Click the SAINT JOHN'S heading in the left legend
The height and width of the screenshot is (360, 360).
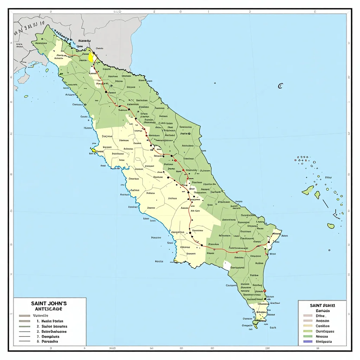pyautogui.click(x=49, y=303)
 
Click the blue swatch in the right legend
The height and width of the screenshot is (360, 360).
pyautogui.click(x=308, y=341)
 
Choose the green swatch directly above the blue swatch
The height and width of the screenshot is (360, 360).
pyautogui.click(x=308, y=336)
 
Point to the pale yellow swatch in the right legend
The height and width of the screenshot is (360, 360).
pyautogui.click(x=308, y=326)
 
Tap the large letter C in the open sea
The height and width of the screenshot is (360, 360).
pyautogui.click(x=280, y=86)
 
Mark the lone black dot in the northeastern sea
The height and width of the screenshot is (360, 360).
pyautogui.click(x=214, y=83)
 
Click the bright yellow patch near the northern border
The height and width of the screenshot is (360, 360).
pyautogui.click(x=91, y=57)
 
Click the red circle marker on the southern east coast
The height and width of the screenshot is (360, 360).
pyautogui.click(x=265, y=291)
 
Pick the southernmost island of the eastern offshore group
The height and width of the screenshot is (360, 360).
pyautogui.click(x=331, y=226)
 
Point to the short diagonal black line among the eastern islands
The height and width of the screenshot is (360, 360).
pyautogui.click(x=326, y=203)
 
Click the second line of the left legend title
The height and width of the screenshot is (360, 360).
pyautogui.click(x=49, y=309)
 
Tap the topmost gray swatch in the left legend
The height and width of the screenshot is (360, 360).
pyautogui.click(x=24, y=316)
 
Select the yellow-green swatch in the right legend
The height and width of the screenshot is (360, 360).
pyautogui.click(x=308, y=331)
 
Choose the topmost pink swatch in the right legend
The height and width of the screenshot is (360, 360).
pyautogui.click(x=308, y=316)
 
